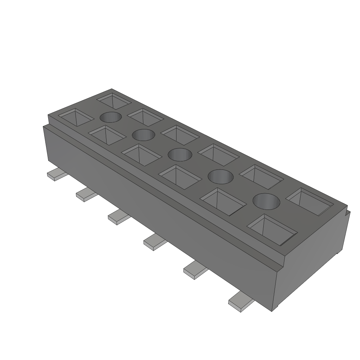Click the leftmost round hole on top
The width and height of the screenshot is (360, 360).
(x=111, y=117)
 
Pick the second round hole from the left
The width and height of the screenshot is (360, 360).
(x=143, y=134)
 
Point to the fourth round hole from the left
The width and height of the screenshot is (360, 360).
(x=221, y=176)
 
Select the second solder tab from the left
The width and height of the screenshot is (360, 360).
(x=86, y=194)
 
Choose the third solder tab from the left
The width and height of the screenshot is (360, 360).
(x=118, y=217)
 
